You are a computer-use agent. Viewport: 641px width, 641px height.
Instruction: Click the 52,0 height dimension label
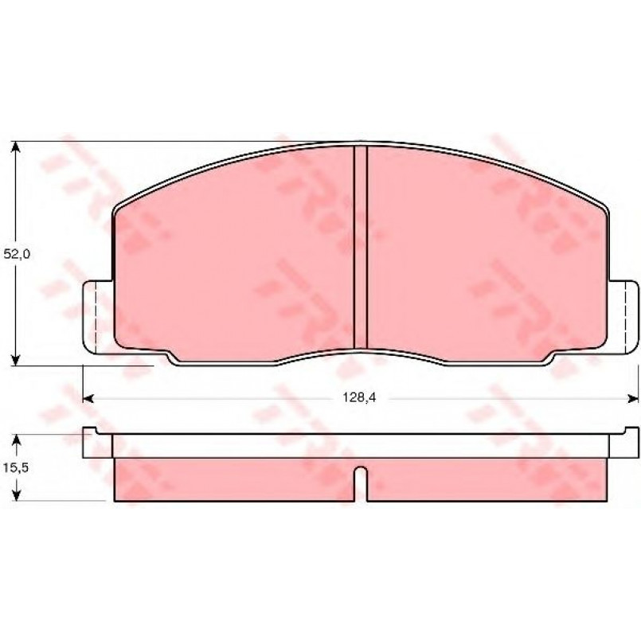tap(17, 254)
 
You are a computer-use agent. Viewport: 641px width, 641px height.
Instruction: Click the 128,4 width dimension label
tap(359, 397)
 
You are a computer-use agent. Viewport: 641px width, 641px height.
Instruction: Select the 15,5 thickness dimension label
tap(16, 467)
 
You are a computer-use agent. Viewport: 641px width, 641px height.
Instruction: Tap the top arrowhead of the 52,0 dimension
tap(15, 147)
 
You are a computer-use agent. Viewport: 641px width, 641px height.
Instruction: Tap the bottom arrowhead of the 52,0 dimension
tap(15, 360)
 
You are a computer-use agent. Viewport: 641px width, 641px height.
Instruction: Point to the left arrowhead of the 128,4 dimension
tap(88, 398)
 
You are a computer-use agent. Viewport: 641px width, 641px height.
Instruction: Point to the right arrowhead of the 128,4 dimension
tap(633, 398)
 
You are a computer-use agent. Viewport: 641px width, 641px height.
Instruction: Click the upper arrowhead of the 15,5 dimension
tap(16, 440)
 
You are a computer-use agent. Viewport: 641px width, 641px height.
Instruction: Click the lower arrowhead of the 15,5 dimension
tap(16, 494)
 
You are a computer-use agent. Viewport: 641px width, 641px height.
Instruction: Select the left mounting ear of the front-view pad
tap(97, 317)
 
